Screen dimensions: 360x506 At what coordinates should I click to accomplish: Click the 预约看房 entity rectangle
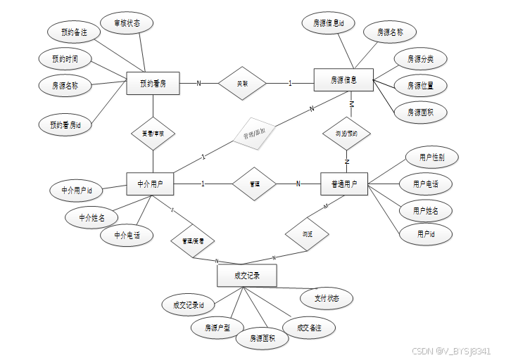click(153, 84)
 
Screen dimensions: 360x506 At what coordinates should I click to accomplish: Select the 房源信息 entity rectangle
click(343, 81)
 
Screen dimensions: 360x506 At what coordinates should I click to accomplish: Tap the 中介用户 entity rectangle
click(151, 184)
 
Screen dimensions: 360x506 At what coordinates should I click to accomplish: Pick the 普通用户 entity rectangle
click(344, 184)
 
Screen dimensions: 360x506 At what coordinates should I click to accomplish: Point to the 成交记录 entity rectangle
click(247, 276)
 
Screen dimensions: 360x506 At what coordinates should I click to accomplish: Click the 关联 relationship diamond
click(242, 84)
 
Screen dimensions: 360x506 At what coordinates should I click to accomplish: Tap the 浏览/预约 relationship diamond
click(346, 132)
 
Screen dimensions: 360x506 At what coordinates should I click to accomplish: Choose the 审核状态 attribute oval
click(127, 22)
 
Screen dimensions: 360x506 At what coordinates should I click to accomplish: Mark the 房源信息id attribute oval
click(329, 22)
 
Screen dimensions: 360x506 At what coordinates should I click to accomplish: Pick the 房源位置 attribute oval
click(420, 86)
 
